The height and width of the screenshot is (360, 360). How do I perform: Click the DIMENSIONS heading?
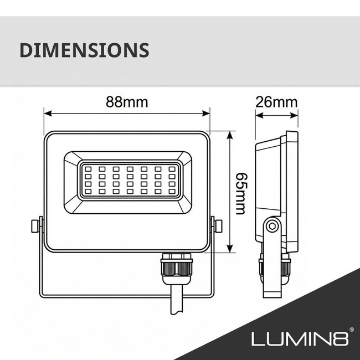pyautogui.click(x=84, y=49)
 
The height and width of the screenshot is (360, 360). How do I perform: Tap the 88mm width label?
pyautogui.click(x=127, y=103)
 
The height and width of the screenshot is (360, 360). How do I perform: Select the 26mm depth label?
pyautogui.click(x=276, y=103)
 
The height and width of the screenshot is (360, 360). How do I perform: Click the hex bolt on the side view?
pyautogui.click(x=271, y=226)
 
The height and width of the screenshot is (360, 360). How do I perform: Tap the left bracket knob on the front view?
pyautogui.click(x=35, y=227)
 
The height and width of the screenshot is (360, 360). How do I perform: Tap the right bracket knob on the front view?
pyautogui.click(x=218, y=227)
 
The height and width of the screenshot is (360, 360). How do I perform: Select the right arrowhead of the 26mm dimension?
pyautogui.click(x=295, y=116)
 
